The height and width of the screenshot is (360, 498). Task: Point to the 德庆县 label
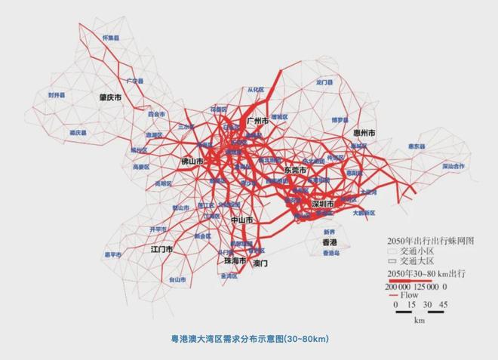tap(78, 132)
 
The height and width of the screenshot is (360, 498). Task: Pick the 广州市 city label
tap(257, 121)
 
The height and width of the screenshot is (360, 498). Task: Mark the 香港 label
tap(330, 242)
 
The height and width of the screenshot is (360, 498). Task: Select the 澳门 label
tap(260, 263)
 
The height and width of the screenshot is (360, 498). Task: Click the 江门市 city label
tap(161, 248)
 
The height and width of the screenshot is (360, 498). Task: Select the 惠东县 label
tap(417, 146)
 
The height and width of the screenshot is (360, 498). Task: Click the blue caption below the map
tap(249, 340)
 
